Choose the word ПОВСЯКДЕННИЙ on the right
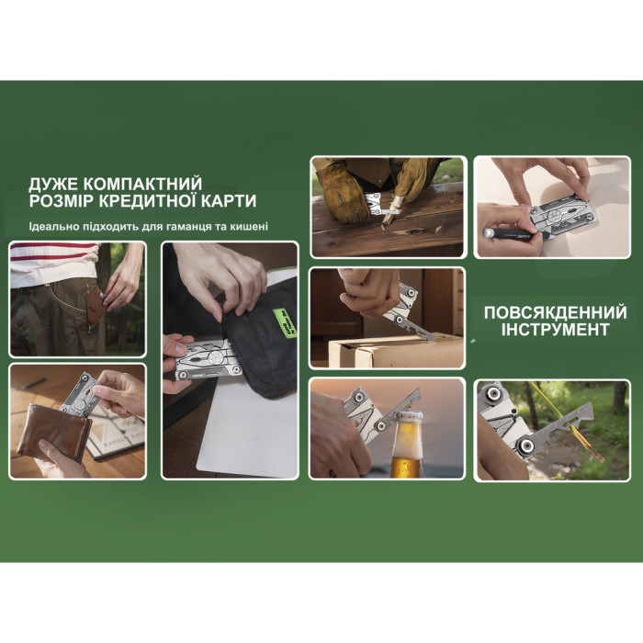pyautogui.click(x=555, y=312)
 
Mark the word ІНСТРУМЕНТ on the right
pyautogui.click(x=555, y=330)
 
